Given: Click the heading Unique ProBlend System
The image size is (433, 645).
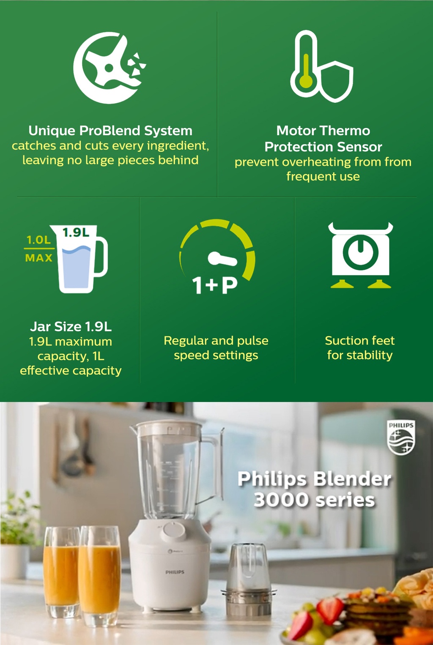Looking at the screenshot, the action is (110, 131).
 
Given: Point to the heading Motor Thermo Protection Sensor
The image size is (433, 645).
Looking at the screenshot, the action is (323, 139).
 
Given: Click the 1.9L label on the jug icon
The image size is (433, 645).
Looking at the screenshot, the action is (76, 232).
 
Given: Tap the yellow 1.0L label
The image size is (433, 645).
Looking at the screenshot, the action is (38, 240).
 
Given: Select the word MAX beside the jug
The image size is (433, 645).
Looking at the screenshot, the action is (39, 258).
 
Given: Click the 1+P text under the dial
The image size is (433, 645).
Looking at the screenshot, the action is (215, 285).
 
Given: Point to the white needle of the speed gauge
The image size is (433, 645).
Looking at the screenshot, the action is (222, 259).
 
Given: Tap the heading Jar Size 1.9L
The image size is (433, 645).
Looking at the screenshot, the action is (71, 327).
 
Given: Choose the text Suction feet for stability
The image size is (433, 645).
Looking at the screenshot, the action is (360, 347).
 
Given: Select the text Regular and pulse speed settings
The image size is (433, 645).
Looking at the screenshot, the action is (216, 347).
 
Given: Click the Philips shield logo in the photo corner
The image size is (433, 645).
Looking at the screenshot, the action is (401, 437).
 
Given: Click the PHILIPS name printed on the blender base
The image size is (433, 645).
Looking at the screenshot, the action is (175, 572).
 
